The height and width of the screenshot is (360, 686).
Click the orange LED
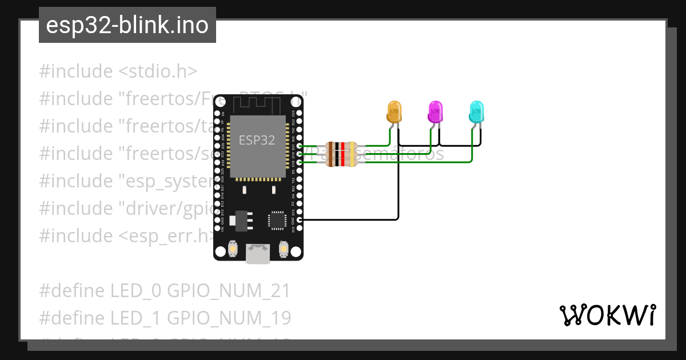[394, 111]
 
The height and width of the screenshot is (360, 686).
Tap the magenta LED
[436, 111]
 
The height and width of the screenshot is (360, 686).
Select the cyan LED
[476, 111]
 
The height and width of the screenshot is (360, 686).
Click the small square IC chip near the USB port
[277, 220]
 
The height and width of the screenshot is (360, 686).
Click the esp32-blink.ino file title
[127, 25]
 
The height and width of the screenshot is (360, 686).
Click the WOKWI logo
[607, 315]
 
